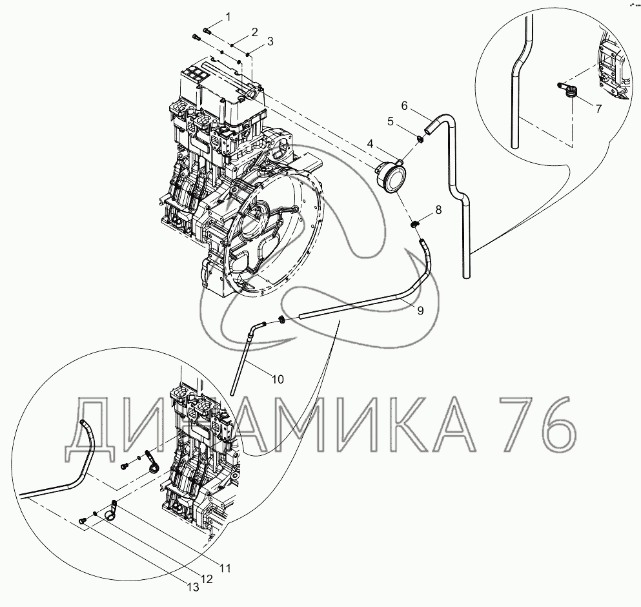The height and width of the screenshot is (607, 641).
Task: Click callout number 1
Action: tap(228, 17)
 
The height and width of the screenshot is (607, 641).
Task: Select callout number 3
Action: tap(270, 41)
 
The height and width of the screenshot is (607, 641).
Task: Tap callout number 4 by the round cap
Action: tap(371, 143)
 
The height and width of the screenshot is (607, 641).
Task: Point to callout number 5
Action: tap(391, 121)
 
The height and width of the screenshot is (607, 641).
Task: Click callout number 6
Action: tap(405, 106)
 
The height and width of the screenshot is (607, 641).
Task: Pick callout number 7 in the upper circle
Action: tap(598, 108)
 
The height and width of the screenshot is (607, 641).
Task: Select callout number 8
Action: tap(439, 210)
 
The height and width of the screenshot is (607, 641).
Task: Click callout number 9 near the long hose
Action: tap(421, 311)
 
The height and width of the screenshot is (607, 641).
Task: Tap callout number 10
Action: tap(278, 380)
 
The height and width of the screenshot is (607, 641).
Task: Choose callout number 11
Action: tap(225, 568)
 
